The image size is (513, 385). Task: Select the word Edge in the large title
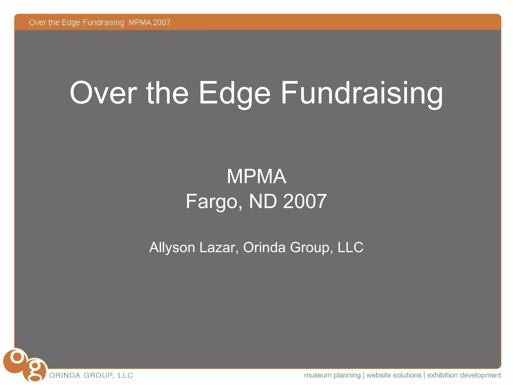click(234, 93)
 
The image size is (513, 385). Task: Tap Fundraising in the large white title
click(362, 93)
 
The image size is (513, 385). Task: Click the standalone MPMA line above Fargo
click(256, 176)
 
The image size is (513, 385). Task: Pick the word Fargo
click(214, 202)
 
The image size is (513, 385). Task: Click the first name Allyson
click(172, 248)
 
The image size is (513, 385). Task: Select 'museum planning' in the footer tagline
click(332, 375)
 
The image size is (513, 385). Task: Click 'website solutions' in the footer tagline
click(394, 375)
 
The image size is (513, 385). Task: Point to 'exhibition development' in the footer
click(464, 375)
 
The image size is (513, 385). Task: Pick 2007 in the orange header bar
click(162, 23)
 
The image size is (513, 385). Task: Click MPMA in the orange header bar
click(140, 23)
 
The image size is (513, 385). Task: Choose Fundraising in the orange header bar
click(103, 23)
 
